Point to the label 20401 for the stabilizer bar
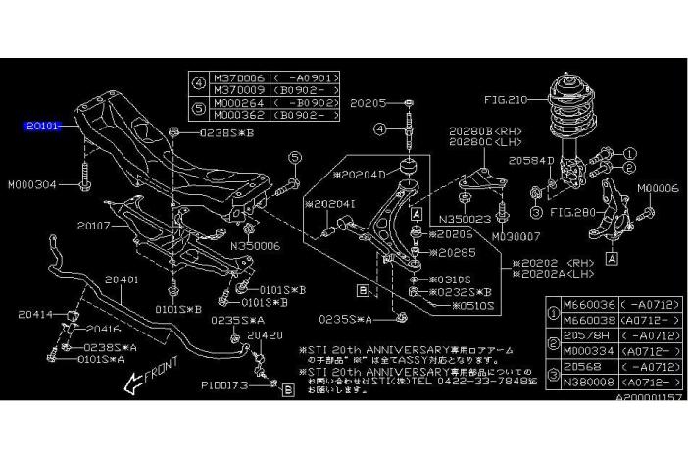(x=124, y=280)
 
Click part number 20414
(x=37, y=314)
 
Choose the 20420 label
(x=264, y=333)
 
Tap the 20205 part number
(x=370, y=102)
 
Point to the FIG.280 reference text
(x=572, y=210)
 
